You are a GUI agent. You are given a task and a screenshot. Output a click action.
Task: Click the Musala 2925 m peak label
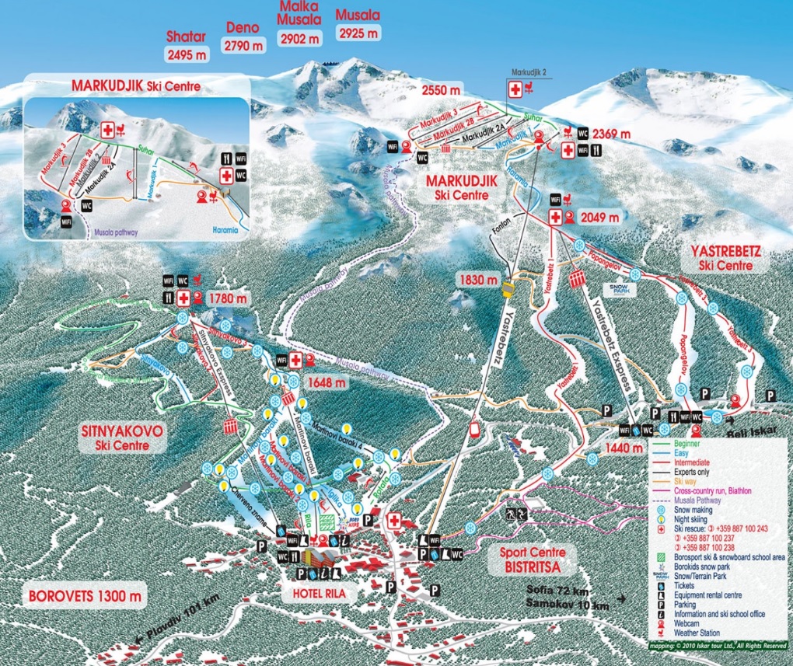(x=358, y=24)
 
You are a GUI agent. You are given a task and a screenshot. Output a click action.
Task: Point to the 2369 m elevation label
(x=614, y=134)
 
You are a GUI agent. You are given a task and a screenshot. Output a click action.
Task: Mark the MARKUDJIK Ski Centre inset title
(x=136, y=85)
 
